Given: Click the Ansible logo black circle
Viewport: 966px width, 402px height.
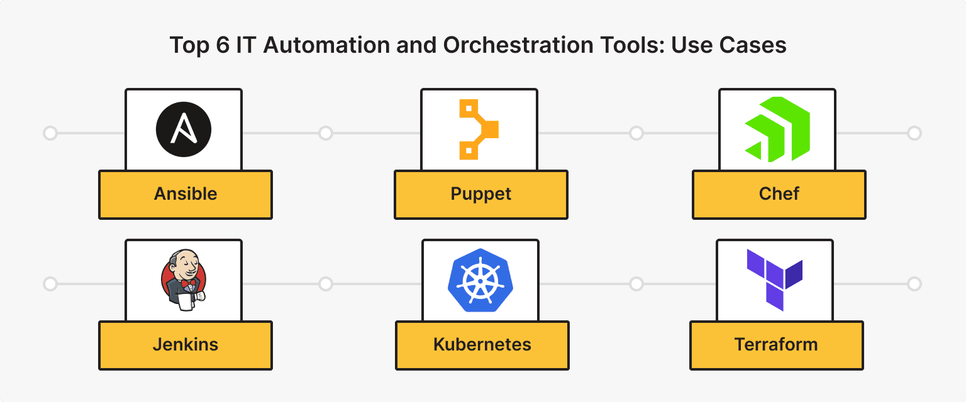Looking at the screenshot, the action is [x=184, y=130].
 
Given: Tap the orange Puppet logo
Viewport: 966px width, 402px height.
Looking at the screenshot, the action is [x=479, y=129].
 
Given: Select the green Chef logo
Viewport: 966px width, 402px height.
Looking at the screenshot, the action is [x=778, y=129].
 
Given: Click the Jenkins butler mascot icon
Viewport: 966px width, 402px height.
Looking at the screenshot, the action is [x=183, y=280].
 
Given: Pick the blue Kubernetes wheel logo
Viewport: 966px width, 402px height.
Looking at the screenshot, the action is [x=480, y=280].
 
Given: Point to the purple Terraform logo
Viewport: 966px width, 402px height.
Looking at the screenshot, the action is [x=775, y=280].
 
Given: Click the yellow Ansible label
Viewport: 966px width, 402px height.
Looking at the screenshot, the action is [x=186, y=194].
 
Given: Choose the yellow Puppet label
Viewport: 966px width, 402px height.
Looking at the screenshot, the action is [x=481, y=194].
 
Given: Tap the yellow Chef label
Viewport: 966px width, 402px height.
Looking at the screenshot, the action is [x=779, y=194].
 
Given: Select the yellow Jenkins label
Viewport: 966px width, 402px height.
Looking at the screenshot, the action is [x=186, y=345].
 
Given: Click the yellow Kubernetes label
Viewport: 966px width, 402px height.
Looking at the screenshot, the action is [x=482, y=345].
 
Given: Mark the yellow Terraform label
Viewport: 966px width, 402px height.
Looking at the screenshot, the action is [x=776, y=345].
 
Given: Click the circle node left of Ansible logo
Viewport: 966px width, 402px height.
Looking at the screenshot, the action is [x=50, y=133].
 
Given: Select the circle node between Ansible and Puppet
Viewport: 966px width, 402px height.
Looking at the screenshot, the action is [x=325, y=133].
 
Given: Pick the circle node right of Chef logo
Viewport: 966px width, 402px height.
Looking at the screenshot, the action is [x=914, y=133].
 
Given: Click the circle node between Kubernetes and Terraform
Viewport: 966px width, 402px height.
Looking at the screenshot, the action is [x=636, y=284].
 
